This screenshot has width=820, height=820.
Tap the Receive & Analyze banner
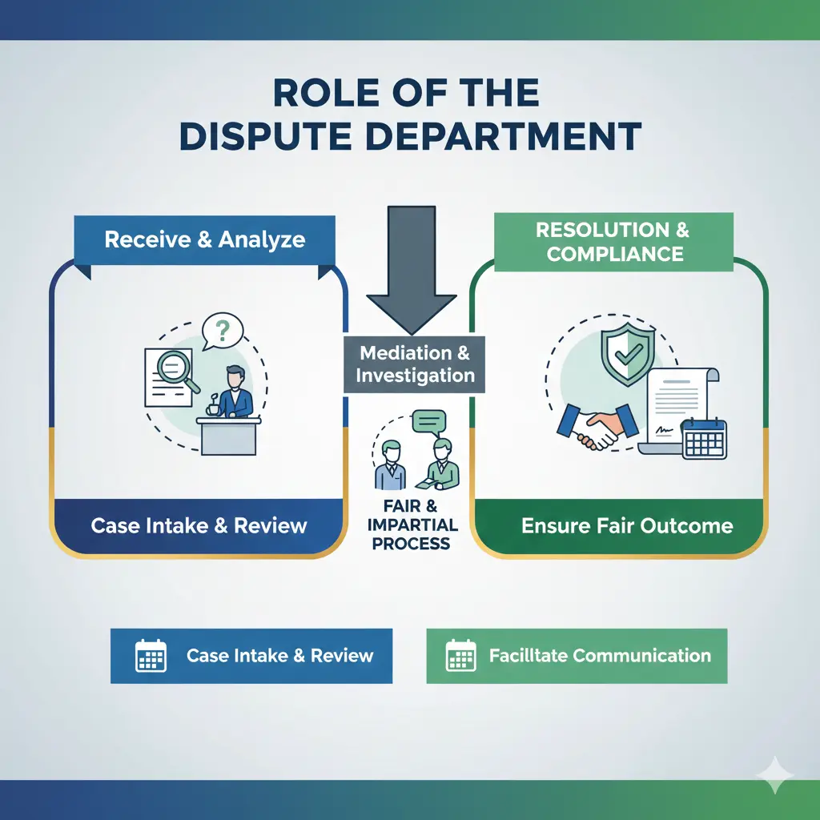(x=204, y=239)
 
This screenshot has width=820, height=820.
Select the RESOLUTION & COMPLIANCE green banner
(x=613, y=242)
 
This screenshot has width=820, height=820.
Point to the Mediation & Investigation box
(x=415, y=364)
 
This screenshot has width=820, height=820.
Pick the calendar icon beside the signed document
(x=704, y=440)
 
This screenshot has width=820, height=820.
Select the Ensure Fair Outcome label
(x=627, y=526)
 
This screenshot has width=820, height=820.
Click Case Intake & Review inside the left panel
(x=199, y=526)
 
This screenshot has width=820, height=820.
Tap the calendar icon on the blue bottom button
(x=151, y=655)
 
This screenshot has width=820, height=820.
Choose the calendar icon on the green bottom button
(x=460, y=655)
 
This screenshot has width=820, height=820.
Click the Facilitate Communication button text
(x=600, y=655)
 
